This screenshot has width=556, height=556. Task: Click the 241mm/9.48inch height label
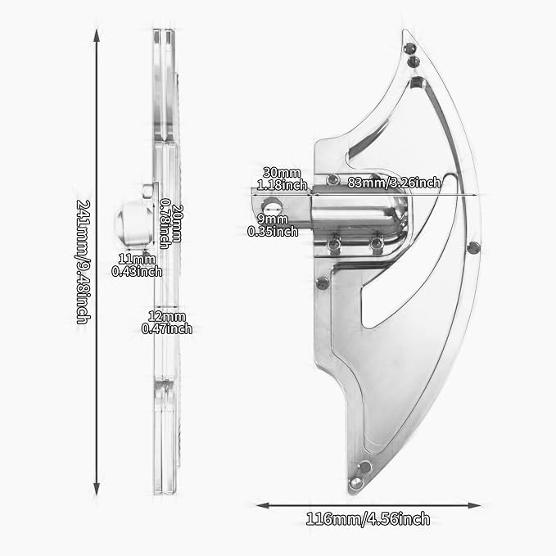tap(84, 262)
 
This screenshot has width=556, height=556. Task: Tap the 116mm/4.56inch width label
tap(368, 519)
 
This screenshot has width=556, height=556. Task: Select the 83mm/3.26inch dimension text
tap(394, 183)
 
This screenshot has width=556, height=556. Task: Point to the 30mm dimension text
tap(282, 173)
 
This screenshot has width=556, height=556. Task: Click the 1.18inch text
tap(282, 185)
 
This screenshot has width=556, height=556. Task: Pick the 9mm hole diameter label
tap(273, 219)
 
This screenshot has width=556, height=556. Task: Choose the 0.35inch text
tap(273, 231)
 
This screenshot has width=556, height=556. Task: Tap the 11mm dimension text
tap(137, 260)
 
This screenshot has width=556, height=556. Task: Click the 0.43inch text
tap(137, 271)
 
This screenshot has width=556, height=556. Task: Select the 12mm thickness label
tap(167, 316)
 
